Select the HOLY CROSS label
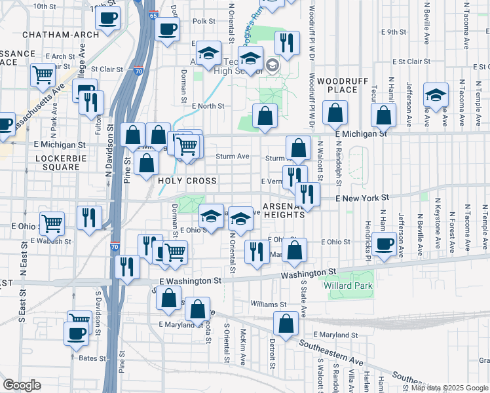(187, 181)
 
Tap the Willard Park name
(348, 286)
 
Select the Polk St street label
(204, 21)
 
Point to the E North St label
(208, 105)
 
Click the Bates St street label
(92, 358)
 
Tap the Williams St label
(269, 305)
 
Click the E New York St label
(362, 198)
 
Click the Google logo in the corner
(22, 384)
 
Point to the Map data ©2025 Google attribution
(449, 388)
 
